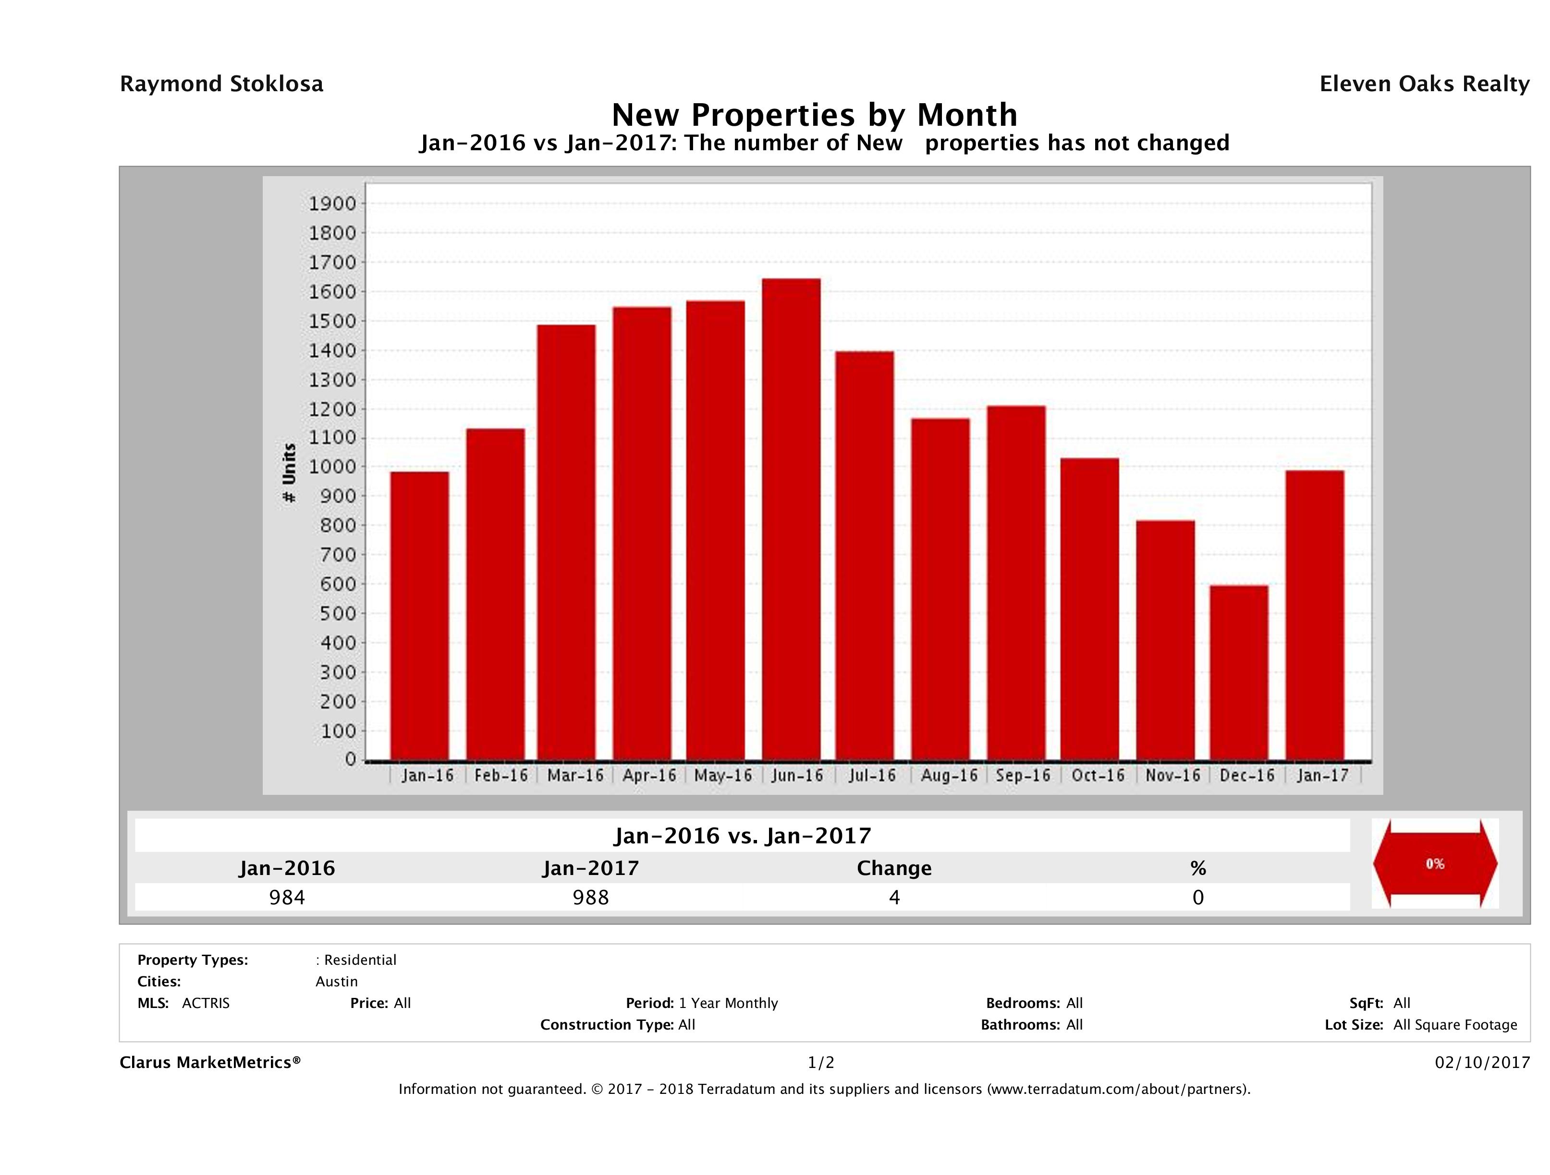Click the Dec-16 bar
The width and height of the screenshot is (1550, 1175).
(1238, 672)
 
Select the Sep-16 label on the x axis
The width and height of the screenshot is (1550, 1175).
(1023, 776)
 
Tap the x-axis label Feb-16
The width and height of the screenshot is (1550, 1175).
(500, 776)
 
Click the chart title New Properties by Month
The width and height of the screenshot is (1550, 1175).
(814, 115)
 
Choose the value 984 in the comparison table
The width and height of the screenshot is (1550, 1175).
(287, 898)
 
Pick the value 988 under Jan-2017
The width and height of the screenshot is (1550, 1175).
(591, 898)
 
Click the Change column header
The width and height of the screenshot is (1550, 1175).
(894, 868)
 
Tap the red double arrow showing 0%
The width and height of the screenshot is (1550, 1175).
(1434, 863)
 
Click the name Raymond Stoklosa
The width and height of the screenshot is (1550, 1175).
(221, 84)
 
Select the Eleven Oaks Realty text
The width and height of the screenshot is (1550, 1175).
(1424, 84)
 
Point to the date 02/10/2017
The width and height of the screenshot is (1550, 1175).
(1482, 1062)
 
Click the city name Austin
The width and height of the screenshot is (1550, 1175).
(336, 982)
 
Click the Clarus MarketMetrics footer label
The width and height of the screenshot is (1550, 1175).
(210, 1062)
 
